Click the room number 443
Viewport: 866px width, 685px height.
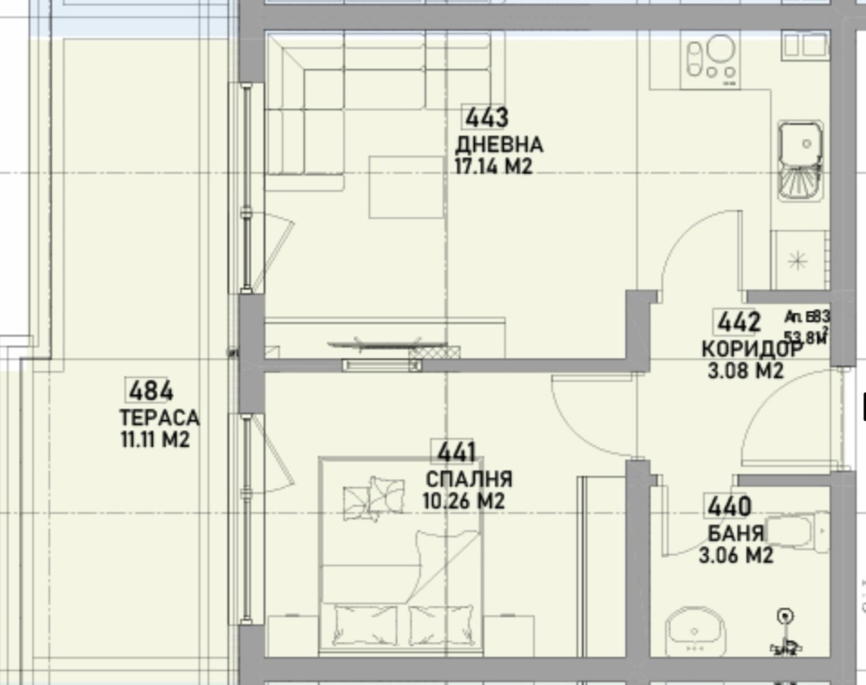[487, 118]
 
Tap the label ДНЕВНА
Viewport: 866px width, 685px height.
[499, 144]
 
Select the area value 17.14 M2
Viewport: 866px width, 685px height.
[494, 167]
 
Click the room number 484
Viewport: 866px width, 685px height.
[151, 390]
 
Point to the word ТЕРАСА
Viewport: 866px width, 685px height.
[159, 418]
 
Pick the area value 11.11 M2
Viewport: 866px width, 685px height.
[155, 440]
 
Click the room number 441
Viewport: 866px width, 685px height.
[456, 452]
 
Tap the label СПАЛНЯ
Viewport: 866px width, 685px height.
[468, 479]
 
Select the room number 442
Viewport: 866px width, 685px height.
[739, 323]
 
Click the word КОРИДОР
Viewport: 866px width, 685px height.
[752, 349]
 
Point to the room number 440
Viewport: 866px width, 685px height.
[728, 507]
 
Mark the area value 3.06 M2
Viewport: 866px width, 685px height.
[736, 555]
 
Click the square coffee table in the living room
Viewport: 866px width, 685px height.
[406, 187]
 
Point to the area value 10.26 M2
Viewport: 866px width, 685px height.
[463, 501]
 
